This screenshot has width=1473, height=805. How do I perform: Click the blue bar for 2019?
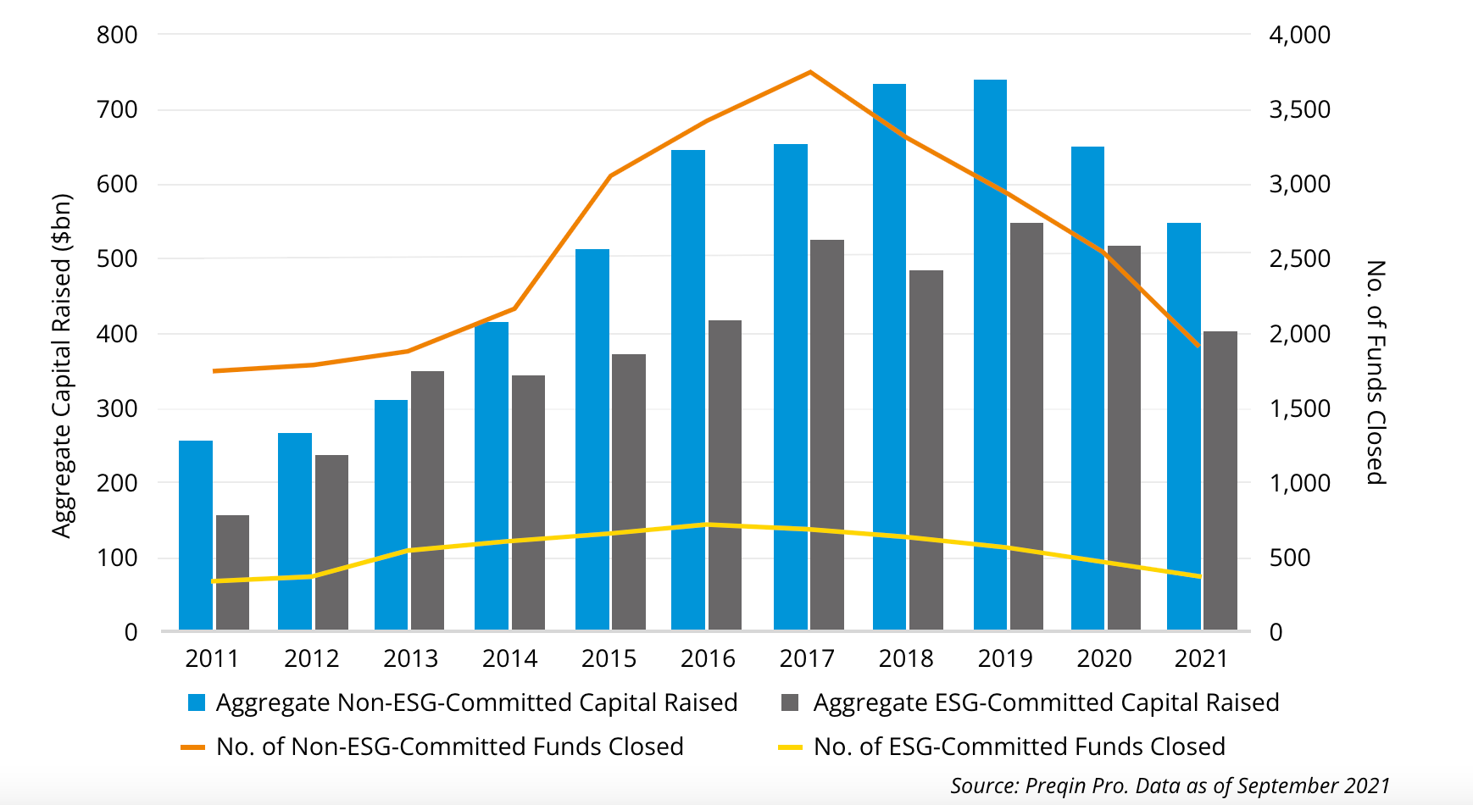coord(990,356)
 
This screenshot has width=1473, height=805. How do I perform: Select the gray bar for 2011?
coord(232,573)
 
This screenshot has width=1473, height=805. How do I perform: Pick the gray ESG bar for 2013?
coord(427,500)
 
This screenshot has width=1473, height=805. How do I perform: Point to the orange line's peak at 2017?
coord(810,72)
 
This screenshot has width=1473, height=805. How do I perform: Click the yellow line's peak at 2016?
coord(709,525)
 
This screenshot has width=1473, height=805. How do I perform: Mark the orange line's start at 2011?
coord(215,370)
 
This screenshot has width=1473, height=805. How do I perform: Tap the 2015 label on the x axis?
coord(609,658)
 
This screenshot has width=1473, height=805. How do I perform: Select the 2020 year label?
coord(1103,658)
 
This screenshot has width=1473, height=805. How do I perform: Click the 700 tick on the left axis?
coord(117,109)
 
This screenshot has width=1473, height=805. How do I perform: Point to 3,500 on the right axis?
coord(1299,109)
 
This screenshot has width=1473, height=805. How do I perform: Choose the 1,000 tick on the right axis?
coord(1299,483)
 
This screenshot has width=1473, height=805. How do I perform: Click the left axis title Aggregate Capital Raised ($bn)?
coord(62,366)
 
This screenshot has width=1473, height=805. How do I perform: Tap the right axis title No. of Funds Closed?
coord(1376,372)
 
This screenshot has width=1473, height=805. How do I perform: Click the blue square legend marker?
coord(197,702)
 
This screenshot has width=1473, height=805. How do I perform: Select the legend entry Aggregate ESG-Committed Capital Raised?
coord(1046,702)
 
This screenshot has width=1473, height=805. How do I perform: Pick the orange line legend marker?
coord(193,747)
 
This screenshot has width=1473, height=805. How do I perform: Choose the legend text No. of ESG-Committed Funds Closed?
coord(1019,747)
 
